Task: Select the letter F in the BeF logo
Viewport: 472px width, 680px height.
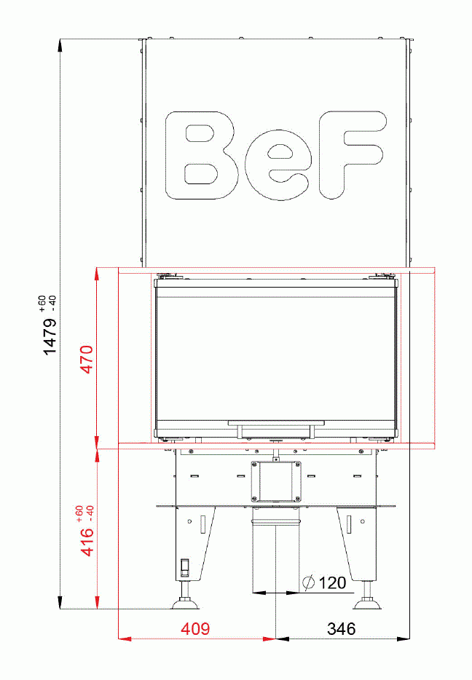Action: pyautogui.click(x=350, y=154)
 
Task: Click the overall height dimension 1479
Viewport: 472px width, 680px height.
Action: pyautogui.click(x=50, y=335)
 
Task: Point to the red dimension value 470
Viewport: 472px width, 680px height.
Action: pyautogui.click(x=87, y=359)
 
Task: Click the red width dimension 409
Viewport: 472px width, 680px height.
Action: pyautogui.click(x=196, y=628)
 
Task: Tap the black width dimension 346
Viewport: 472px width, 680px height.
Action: pyautogui.click(x=341, y=628)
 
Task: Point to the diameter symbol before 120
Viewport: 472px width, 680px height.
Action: pyautogui.click(x=308, y=582)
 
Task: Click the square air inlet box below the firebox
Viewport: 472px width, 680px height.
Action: pyautogui.click(x=275, y=481)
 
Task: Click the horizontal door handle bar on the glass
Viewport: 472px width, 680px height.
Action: pyautogui.click(x=275, y=422)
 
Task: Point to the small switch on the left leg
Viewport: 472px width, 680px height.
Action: pyautogui.click(x=185, y=566)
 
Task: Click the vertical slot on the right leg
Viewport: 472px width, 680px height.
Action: pyautogui.click(x=349, y=523)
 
